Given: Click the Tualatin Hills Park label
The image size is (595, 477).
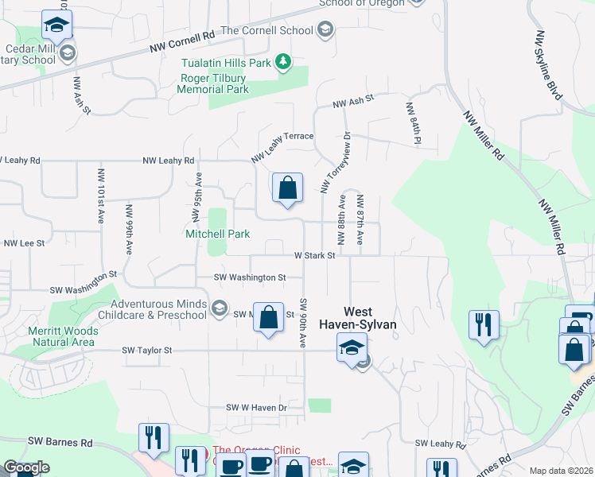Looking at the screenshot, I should coord(225,62).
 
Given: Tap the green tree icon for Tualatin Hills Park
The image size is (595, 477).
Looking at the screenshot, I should coord(282,62).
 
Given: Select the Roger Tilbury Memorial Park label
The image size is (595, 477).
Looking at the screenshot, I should coord(213,83).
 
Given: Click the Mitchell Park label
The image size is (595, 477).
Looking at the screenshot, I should coord(217,234).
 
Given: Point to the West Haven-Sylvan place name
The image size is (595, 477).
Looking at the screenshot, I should coord(357,319).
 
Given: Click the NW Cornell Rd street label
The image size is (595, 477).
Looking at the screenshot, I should coord(182,43).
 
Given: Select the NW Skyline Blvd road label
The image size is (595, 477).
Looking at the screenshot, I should coord(550,65).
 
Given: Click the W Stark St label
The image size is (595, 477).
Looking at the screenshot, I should coord(315,256).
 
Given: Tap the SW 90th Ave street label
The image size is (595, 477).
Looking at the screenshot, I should coord(303,323).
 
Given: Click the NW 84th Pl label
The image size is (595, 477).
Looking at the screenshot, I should coord(412,123).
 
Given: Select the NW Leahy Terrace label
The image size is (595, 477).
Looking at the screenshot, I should coord(283,147).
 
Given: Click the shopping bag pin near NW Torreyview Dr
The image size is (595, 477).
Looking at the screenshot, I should coord(287,189).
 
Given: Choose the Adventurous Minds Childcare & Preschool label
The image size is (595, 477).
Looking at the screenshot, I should coord(158,309).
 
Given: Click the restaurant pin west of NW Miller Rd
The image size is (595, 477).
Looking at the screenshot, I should coord(484,325).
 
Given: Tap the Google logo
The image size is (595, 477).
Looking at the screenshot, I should coord(26,467).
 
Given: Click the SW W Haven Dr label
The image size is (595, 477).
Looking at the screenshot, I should coord(255,408).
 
